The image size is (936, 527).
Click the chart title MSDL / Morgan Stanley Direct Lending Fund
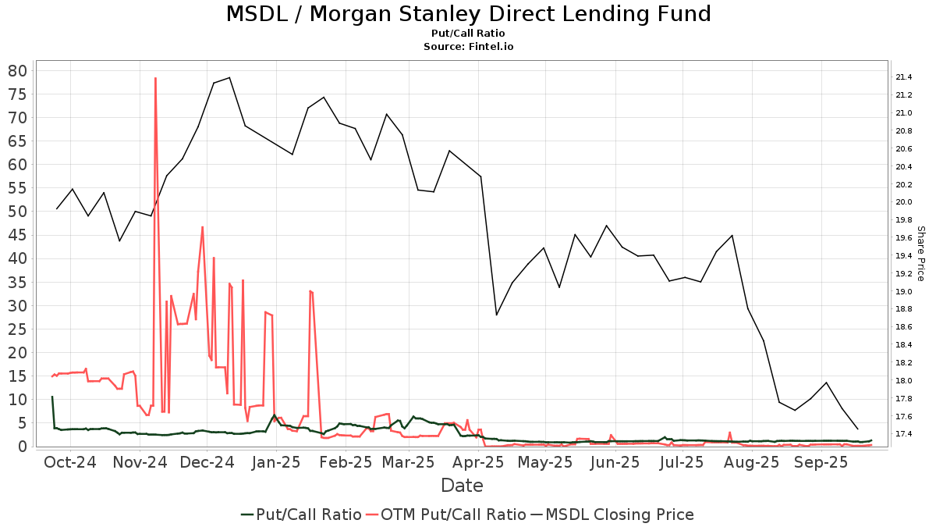(x=468, y=14)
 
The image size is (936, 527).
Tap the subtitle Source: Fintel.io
(x=468, y=46)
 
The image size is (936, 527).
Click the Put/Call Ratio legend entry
(x=301, y=514)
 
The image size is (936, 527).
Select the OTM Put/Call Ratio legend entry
(x=446, y=514)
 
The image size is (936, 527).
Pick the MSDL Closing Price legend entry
(x=612, y=514)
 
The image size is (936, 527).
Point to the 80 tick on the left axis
(x=17, y=71)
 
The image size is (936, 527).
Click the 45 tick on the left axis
(x=17, y=235)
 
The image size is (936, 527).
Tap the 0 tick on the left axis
(x=22, y=447)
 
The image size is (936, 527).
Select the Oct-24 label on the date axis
(x=70, y=462)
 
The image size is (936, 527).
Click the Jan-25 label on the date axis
(x=276, y=462)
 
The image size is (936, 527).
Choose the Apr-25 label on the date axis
(x=478, y=462)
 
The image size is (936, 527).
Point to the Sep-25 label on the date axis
(x=821, y=462)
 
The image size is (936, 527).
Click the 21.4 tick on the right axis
(x=904, y=77)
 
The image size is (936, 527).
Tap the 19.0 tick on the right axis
(x=904, y=291)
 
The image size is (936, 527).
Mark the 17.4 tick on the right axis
(x=904, y=434)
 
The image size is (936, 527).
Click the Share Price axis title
(x=920, y=254)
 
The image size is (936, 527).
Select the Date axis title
(x=462, y=486)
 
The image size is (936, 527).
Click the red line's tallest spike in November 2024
(x=155, y=78)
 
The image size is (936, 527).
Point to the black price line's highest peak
(x=229, y=77)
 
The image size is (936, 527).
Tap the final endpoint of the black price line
(x=858, y=429)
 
